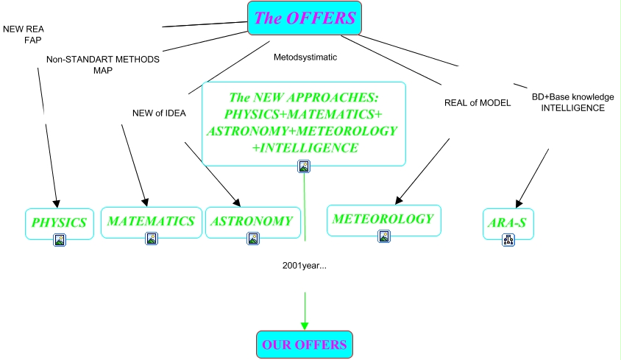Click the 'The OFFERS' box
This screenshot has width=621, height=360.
[x=305, y=18]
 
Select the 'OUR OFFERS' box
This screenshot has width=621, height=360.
[x=305, y=345]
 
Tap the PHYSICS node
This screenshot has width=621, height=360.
[x=60, y=224]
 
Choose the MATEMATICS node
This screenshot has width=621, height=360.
[x=152, y=222]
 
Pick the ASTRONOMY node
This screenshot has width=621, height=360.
[x=253, y=222]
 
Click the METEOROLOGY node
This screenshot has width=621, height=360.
[x=384, y=220]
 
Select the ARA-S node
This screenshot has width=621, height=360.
[x=508, y=224]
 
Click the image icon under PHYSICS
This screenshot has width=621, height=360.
[x=60, y=240]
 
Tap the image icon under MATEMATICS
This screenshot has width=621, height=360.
[x=152, y=239]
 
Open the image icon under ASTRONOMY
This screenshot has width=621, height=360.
[x=253, y=239]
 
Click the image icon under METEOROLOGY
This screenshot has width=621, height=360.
[x=384, y=236]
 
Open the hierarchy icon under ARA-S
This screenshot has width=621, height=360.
[x=508, y=240]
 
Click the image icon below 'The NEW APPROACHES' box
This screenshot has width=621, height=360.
[x=304, y=166]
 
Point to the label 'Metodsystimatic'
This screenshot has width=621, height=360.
[x=305, y=57]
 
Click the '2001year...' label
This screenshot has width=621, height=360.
[x=305, y=266]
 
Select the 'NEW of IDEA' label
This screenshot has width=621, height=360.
[x=159, y=113]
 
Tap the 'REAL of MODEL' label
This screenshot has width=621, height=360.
[x=478, y=102]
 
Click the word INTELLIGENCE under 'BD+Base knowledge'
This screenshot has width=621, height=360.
[x=573, y=107]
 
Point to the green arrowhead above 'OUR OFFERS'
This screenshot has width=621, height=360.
[x=305, y=326]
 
